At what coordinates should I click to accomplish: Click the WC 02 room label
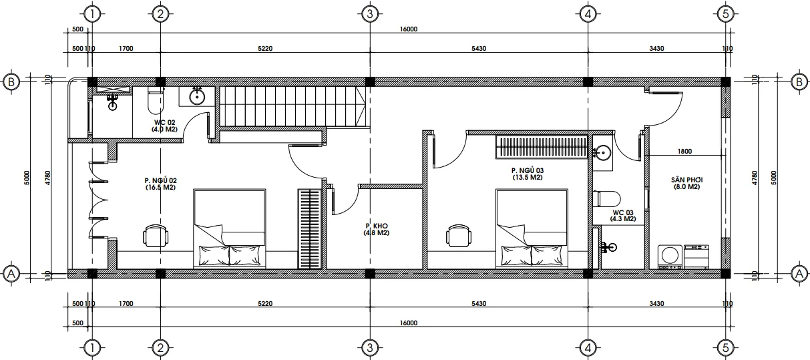[164, 126]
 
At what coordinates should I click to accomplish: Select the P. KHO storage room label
[377, 230]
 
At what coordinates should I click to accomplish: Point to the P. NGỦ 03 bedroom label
[527, 174]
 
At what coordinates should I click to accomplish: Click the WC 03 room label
[622, 215]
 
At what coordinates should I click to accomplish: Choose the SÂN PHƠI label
[686, 184]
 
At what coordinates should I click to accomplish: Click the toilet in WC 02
[154, 100]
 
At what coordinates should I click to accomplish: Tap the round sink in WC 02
[198, 97]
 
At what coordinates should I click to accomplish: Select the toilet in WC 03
[606, 198]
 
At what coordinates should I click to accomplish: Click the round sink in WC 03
[602, 153]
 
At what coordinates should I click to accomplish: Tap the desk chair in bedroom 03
[458, 236]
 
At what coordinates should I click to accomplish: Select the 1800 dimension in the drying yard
[684, 152]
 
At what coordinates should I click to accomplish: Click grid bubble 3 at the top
[369, 13]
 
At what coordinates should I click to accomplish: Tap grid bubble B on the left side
[11, 81]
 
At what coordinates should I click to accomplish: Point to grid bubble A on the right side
[798, 273]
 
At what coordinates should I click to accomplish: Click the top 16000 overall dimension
[408, 29]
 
